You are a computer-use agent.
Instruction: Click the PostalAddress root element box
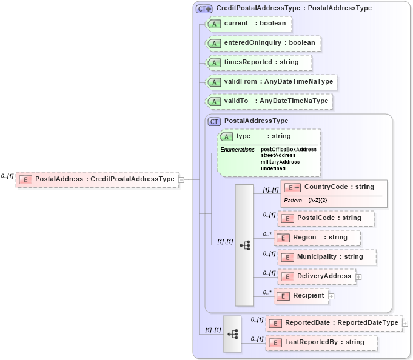(x=97, y=179)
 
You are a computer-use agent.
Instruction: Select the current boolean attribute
(x=249, y=24)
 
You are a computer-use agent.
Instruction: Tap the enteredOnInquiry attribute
(x=263, y=43)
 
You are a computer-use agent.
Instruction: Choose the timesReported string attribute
(x=259, y=62)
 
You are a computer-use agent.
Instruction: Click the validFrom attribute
(x=271, y=82)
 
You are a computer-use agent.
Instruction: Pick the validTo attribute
(x=269, y=101)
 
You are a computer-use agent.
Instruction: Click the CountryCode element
(x=333, y=187)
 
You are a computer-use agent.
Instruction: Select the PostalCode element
(x=326, y=218)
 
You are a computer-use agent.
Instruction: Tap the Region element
(x=317, y=238)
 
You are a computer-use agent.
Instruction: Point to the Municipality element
(x=327, y=257)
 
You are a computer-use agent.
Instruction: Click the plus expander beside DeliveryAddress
(x=358, y=276)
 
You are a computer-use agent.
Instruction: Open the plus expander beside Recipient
(x=331, y=296)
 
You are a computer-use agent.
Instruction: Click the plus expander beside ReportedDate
(x=405, y=324)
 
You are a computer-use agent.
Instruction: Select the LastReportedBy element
(x=321, y=342)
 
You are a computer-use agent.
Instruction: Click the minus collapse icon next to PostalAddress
(x=181, y=179)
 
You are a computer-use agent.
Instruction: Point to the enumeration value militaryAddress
(x=280, y=162)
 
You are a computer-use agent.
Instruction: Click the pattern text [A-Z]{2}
(x=317, y=200)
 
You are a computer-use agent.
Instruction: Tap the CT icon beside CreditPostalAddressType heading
(x=204, y=8)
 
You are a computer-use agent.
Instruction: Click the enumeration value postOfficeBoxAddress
(x=289, y=149)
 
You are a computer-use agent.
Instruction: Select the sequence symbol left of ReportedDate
(x=232, y=333)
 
